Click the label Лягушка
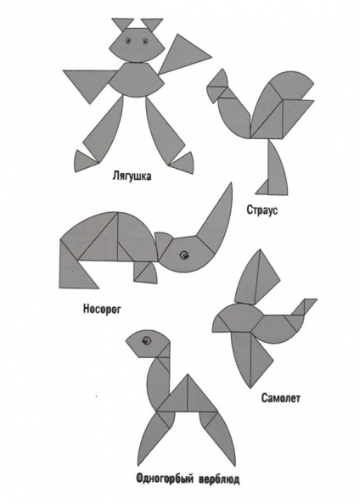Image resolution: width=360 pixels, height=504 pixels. click(x=132, y=176)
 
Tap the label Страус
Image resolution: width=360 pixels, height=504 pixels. click(x=262, y=210)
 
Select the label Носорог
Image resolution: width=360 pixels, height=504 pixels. click(x=102, y=309)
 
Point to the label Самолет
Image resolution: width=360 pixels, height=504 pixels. click(x=280, y=398)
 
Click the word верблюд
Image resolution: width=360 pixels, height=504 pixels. click(x=219, y=480)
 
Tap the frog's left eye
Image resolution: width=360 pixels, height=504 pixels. click(x=128, y=40)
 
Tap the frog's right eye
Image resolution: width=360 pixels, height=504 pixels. click(x=145, y=41)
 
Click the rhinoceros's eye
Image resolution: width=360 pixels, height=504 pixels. click(x=183, y=255)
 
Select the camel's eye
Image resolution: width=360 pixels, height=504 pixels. click(x=146, y=341)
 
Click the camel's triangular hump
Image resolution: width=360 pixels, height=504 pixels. click(x=188, y=395)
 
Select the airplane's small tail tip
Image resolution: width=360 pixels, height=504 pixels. click(x=308, y=305)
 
